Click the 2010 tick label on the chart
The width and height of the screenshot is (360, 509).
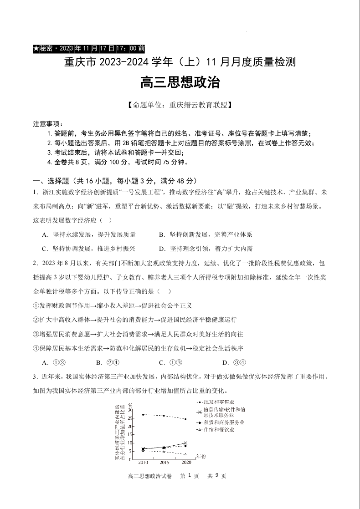pyautogui.click(x=143, y=463)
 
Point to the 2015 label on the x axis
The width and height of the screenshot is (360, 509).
pyautogui.click(x=165, y=463)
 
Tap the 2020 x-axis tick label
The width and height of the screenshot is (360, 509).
pyautogui.click(x=186, y=463)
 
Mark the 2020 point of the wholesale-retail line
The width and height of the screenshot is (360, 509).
pyautogui.click(x=185, y=419)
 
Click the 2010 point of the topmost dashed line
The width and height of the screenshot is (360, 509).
pyautogui.click(x=143, y=415)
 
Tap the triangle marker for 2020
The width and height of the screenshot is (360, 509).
pyautogui.click(x=185, y=454)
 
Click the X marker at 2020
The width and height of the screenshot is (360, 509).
pyautogui.click(x=185, y=443)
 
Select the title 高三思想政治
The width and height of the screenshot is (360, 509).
pyautogui.click(x=180, y=82)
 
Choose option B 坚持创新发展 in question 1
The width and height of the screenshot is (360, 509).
pyautogui.click(x=206, y=235)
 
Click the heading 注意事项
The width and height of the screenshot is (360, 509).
pyautogui.click(x=47, y=124)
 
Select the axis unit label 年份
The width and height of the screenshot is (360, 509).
pyautogui.click(x=201, y=456)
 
